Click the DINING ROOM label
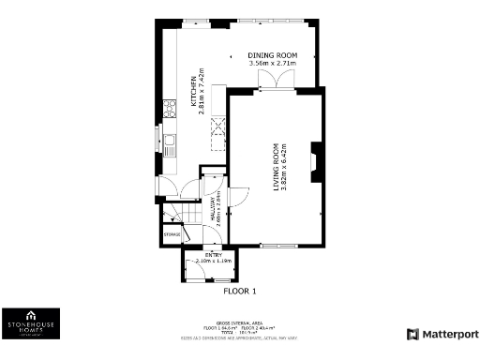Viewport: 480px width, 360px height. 272,55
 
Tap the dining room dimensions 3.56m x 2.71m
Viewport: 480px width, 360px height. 272,64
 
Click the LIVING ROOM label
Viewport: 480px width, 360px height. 276,167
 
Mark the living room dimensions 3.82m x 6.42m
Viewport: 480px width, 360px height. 283,167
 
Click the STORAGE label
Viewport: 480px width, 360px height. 172,233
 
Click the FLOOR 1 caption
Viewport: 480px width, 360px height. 239,291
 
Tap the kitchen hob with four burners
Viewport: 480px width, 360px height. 170,110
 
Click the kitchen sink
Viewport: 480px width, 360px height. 170,144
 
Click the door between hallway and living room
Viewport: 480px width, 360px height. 236,198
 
